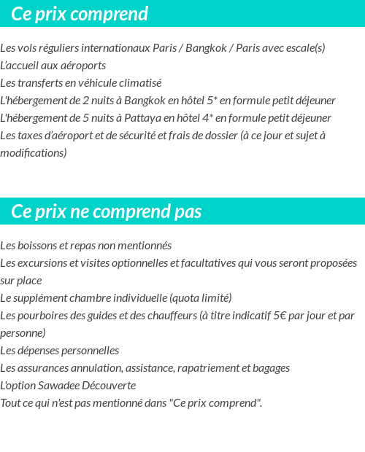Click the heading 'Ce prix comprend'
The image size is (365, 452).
point(80,14)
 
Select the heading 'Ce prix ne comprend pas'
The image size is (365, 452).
point(107,211)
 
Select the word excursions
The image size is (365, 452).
point(43,263)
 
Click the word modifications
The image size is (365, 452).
point(34,153)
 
